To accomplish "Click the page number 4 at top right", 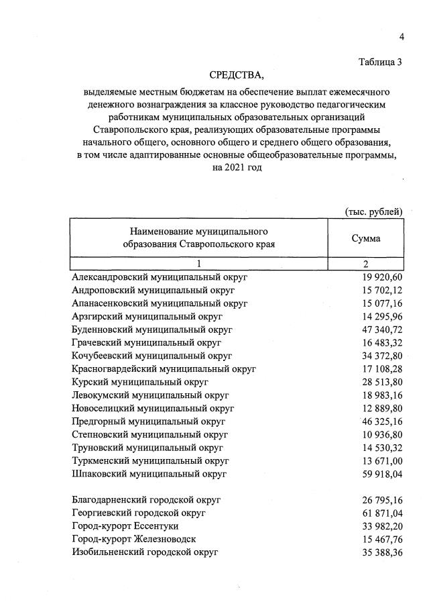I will pyautogui.click(x=402, y=36).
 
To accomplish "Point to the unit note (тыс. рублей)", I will pyautogui.click(x=373, y=212).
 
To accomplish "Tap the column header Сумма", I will pyautogui.click(x=366, y=238).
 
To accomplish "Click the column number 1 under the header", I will pyautogui.click(x=198, y=263).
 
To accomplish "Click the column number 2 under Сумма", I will pyautogui.click(x=366, y=263).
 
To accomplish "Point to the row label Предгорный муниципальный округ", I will pyautogui.click(x=148, y=421).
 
